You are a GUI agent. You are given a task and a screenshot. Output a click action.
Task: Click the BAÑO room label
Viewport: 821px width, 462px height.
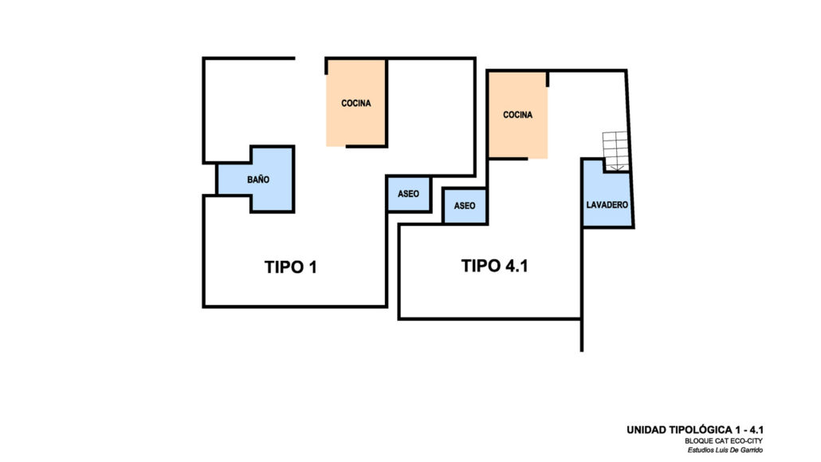258,180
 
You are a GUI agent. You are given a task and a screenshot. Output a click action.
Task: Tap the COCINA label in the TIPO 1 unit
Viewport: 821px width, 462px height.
356,103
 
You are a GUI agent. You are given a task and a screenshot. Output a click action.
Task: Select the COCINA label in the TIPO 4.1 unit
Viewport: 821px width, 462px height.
518,115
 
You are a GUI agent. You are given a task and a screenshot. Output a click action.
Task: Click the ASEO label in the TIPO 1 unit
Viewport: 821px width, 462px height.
408,194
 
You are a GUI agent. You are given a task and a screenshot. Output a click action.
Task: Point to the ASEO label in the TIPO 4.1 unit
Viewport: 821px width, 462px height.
465,206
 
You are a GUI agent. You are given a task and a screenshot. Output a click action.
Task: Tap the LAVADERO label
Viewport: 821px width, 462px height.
607,205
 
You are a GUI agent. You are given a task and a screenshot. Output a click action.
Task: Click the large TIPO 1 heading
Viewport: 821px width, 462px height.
291,267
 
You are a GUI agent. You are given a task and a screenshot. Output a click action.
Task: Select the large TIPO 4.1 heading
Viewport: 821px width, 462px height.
495,266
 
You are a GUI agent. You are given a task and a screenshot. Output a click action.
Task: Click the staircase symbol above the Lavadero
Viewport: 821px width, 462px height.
615,151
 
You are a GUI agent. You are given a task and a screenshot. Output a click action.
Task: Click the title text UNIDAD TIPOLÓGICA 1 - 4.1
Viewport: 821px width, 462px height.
695,430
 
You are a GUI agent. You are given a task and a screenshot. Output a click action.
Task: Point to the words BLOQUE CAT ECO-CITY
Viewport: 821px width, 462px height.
724,441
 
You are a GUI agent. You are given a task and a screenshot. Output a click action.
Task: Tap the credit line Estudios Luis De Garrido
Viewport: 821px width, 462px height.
725,450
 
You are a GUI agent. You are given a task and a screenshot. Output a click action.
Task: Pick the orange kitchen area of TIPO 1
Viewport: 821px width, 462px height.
356,103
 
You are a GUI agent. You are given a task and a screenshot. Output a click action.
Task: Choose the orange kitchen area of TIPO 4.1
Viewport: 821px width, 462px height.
518,116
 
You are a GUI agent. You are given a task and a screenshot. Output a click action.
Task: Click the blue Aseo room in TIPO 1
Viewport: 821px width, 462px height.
408,194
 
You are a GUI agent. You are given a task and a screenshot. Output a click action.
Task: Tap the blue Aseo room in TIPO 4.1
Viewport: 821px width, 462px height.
465,206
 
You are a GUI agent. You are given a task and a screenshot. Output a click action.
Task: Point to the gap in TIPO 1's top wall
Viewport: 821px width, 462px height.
310,58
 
